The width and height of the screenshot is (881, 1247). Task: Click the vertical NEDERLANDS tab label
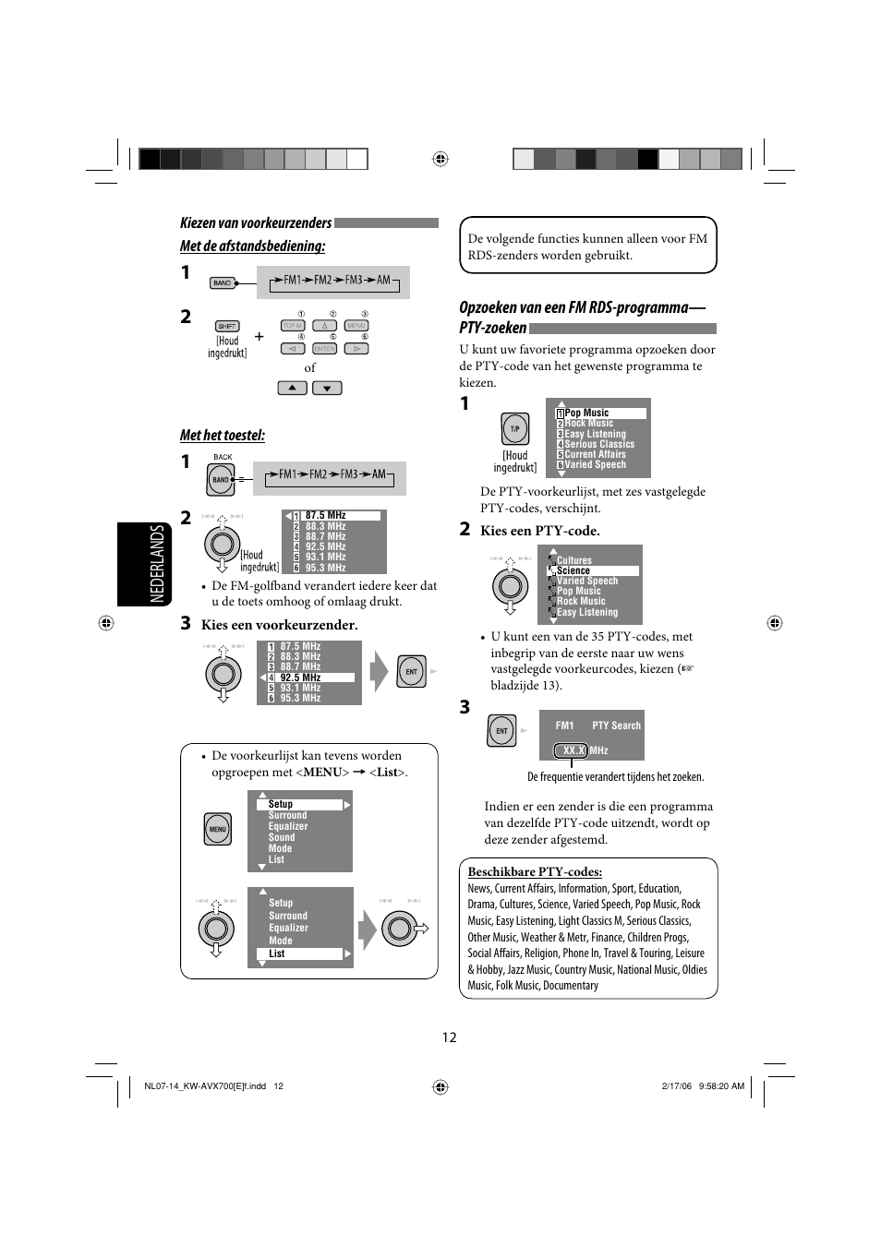point(157,563)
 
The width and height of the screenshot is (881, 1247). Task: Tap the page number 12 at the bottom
point(449,1037)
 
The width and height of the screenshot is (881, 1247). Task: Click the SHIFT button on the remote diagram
point(226,326)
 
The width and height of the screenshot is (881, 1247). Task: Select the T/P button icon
point(514,429)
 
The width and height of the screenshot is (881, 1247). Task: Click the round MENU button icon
point(217,829)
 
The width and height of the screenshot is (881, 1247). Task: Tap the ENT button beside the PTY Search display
point(501,731)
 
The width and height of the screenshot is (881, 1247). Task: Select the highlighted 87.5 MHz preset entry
point(333,515)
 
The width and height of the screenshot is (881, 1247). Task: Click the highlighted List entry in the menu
point(299,953)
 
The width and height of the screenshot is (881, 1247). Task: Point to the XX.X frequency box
point(573,750)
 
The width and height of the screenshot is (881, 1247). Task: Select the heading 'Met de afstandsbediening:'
point(252,246)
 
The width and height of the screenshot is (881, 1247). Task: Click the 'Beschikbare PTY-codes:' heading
point(535,871)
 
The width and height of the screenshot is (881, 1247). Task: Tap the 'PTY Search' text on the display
point(616,725)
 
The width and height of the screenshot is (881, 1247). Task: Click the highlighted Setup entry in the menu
point(299,804)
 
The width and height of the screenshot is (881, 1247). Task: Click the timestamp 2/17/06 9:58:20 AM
point(703,1086)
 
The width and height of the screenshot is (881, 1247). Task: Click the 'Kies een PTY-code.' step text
point(539,531)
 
